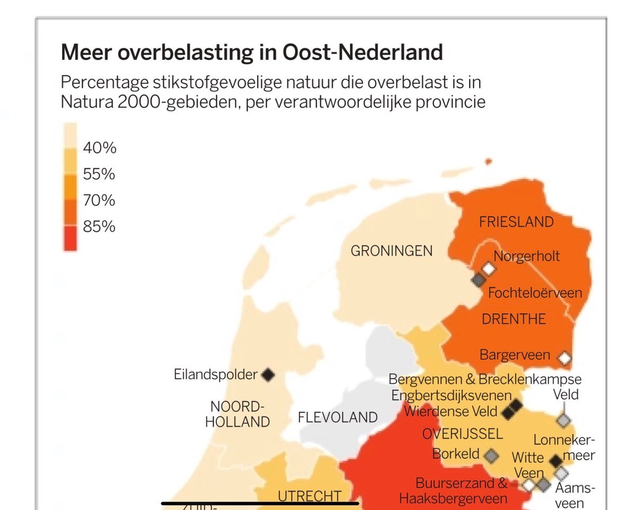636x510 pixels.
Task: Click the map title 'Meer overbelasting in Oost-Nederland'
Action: [252, 52]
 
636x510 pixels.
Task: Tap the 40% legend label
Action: [99, 148]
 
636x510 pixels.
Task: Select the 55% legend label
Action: [99, 174]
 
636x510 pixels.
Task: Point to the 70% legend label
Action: [99, 200]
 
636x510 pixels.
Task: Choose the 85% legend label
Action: [99, 227]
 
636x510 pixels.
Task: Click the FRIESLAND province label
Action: [516, 222]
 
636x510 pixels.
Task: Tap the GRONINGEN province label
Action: [392, 251]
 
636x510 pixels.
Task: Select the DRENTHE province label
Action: [514, 319]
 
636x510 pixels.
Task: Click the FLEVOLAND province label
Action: [338, 417]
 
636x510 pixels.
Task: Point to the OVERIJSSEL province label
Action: [462, 434]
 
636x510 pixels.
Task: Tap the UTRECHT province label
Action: [310, 496]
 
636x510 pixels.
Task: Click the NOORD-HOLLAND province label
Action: [237, 415]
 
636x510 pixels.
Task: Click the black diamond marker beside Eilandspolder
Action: [268, 375]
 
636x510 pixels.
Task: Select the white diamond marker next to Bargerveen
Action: [565, 358]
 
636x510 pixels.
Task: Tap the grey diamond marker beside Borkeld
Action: [492, 455]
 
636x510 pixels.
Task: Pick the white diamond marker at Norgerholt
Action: [488, 269]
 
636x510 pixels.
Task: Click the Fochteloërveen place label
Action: [535, 293]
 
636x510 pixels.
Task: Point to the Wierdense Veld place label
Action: [450, 411]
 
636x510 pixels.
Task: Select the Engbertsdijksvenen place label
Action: [452, 395]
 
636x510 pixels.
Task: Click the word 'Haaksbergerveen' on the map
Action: [453, 498]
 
